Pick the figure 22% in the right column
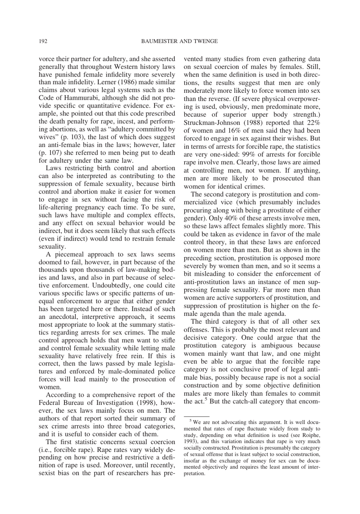[x=313, y=123]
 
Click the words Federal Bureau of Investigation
[x=88, y=403]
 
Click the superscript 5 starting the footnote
[x=191, y=420]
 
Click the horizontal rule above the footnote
[x=197, y=416]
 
